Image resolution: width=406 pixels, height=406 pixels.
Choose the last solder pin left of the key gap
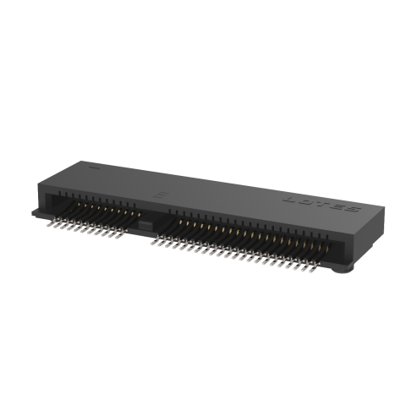[127, 236]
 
